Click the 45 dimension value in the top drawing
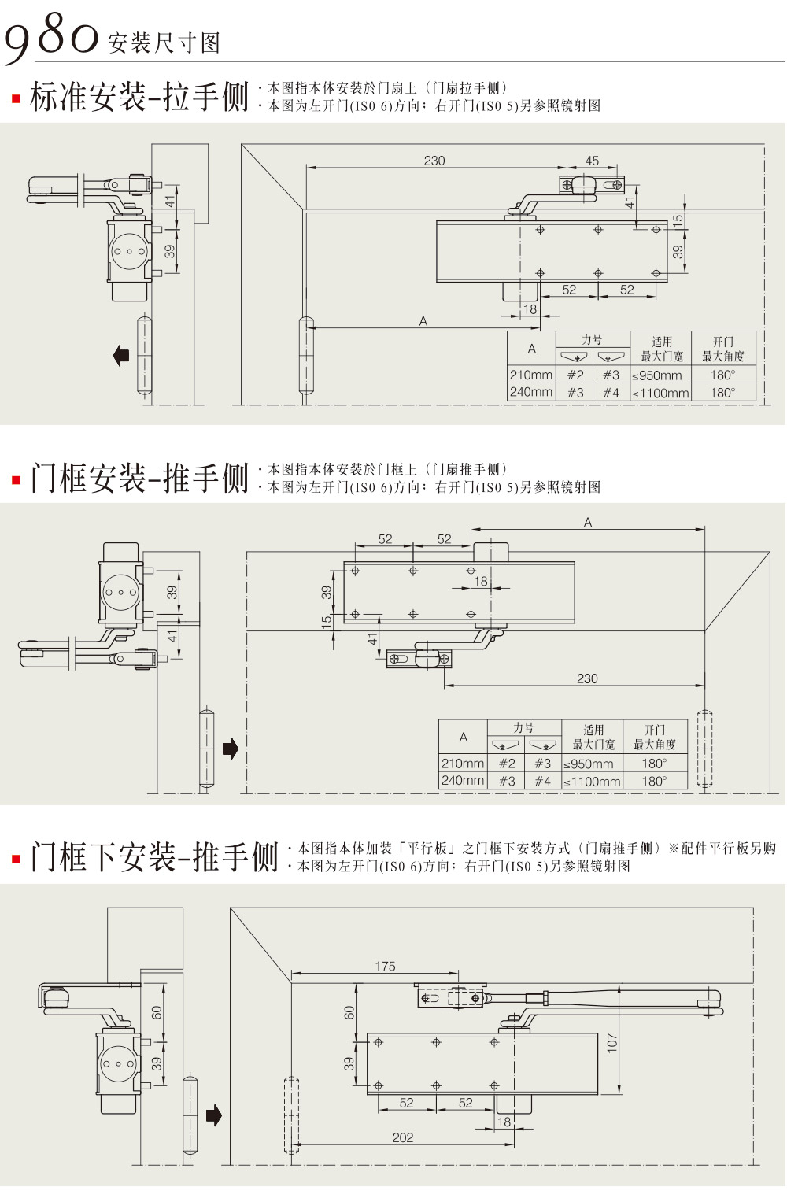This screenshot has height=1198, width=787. (x=592, y=161)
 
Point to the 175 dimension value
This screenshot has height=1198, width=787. (x=385, y=966)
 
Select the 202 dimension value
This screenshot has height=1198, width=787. (x=402, y=1137)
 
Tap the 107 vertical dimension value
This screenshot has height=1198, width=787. (x=612, y=1043)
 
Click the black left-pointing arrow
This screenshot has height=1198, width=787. (x=121, y=355)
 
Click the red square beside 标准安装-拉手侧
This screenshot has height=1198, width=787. (x=16, y=99)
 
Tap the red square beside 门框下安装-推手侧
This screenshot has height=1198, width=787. (x=16, y=858)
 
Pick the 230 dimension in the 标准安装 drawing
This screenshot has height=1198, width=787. (x=434, y=161)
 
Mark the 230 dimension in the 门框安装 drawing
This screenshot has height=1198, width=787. (x=587, y=678)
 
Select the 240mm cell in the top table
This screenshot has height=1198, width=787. (x=531, y=392)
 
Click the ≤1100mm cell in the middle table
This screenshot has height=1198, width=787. (x=592, y=782)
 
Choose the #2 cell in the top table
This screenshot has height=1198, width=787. (x=575, y=375)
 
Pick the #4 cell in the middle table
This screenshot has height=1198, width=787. (x=542, y=782)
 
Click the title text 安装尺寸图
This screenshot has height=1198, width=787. (x=164, y=43)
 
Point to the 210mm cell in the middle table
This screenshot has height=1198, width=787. (x=463, y=764)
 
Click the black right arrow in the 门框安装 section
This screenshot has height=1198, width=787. (x=230, y=748)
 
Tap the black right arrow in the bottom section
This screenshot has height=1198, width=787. (x=213, y=1115)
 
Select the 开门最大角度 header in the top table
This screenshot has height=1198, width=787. (x=722, y=349)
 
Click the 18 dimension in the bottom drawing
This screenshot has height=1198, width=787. (x=504, y=1122)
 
